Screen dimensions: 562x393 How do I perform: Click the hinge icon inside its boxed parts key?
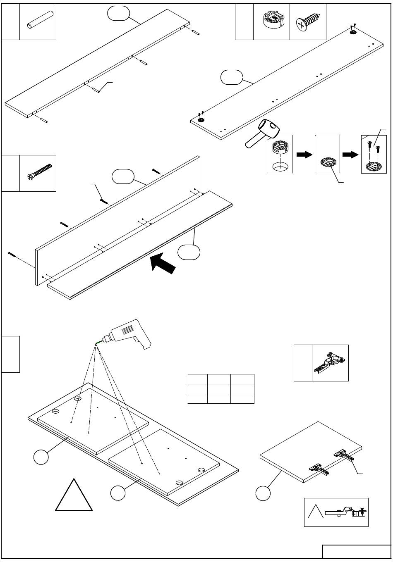pyautogui.click(x=330, y=362)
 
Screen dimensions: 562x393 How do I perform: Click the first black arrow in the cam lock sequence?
pyautogui.click(x=304, y=155)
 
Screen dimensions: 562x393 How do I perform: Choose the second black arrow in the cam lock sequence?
pyautogui.click(x=350, y=155)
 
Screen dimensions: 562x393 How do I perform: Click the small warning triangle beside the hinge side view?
pyautogui.click(x=315, y=513)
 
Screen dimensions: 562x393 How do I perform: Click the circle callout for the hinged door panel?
pyautogui.click(x=263, y=493)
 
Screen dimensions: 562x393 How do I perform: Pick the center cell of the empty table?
pyautogui.click(x=219, y=389)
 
